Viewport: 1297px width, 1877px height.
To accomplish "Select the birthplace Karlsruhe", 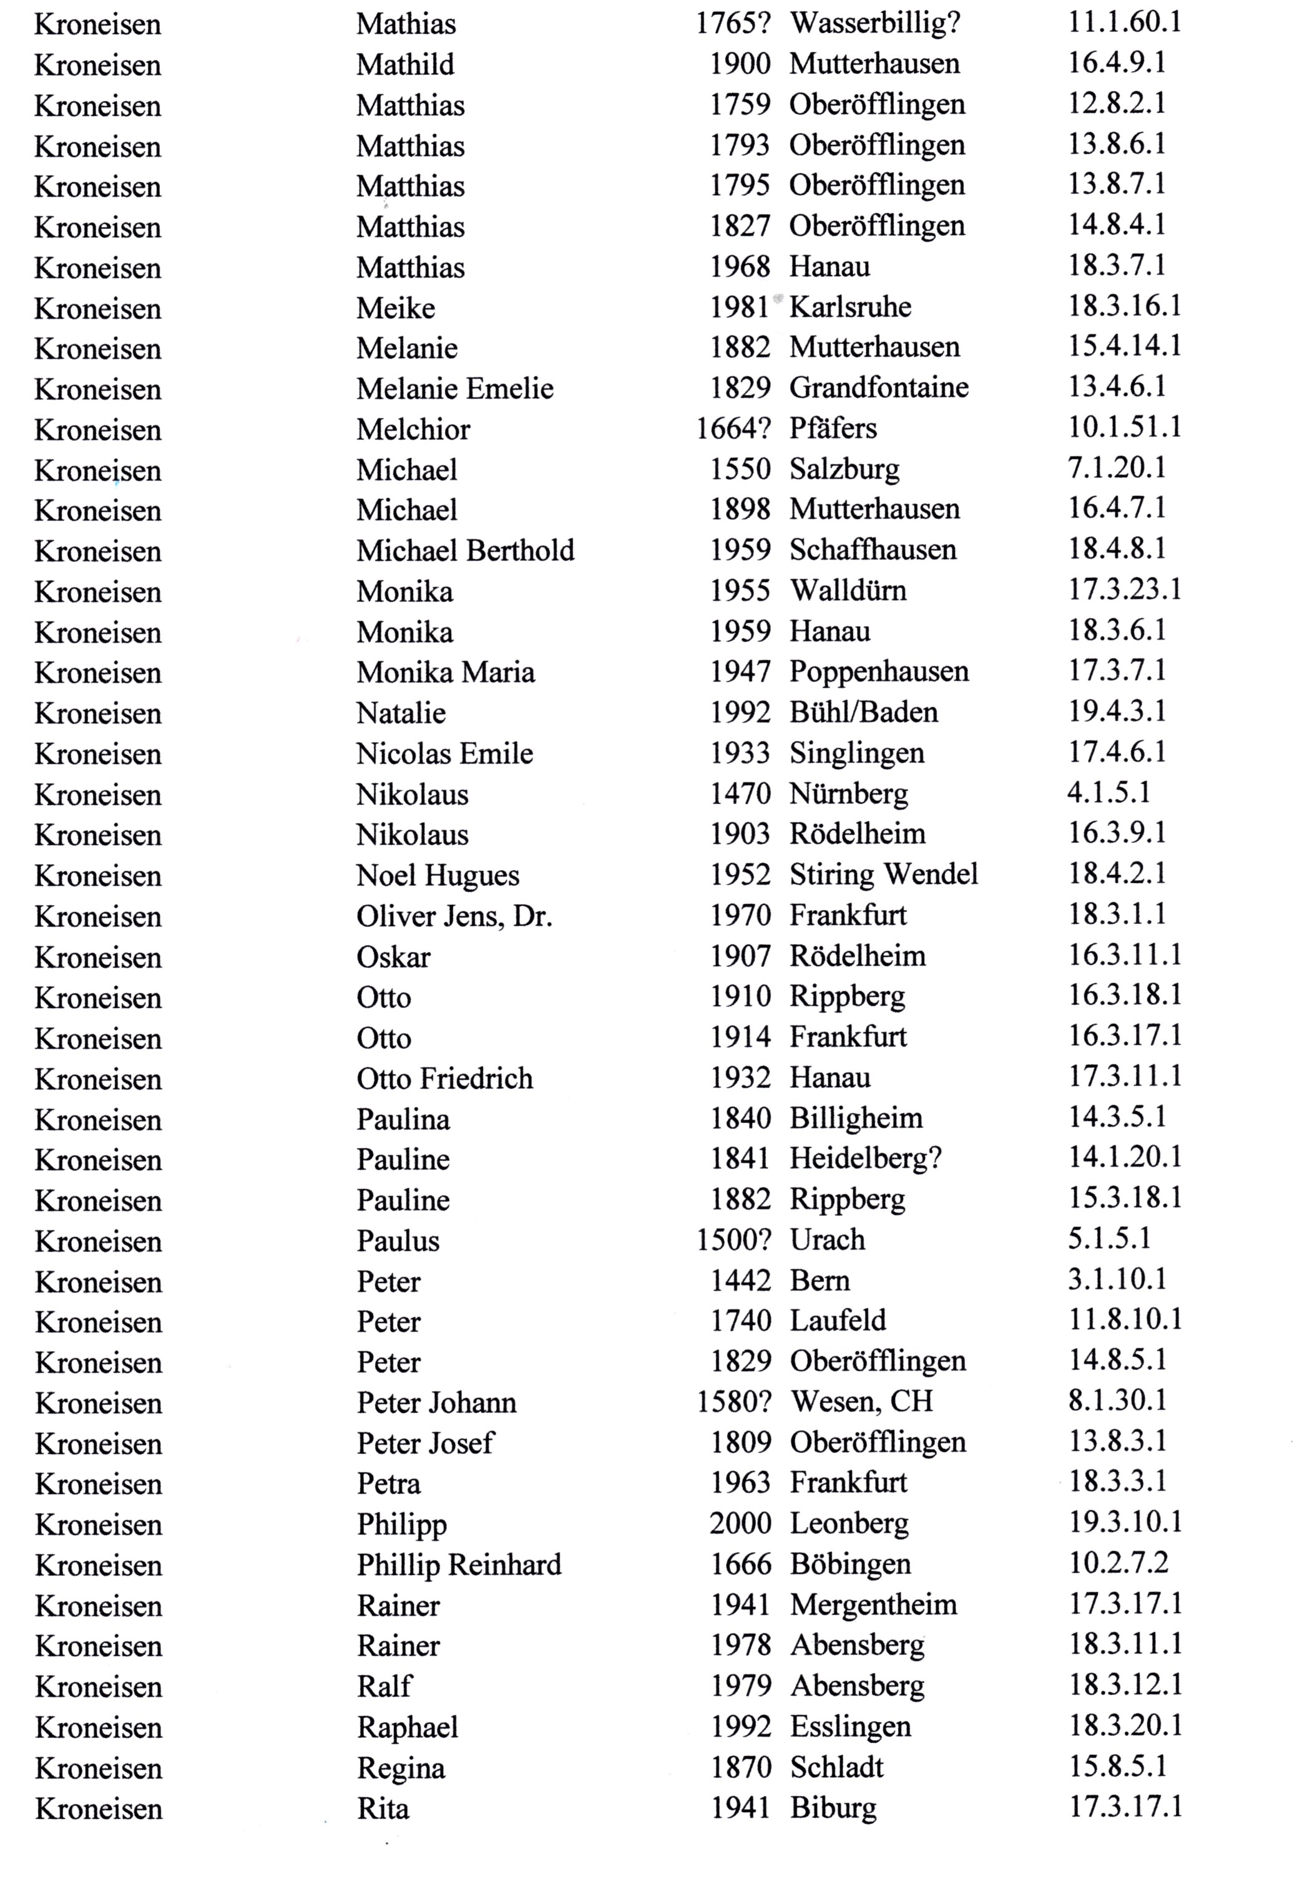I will tap(850, 307).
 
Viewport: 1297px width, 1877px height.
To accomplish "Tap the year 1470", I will tap(740, 793).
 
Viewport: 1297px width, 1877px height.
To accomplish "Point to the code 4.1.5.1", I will tap(1109, 792).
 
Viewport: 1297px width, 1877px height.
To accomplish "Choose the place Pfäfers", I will tap(833, 428).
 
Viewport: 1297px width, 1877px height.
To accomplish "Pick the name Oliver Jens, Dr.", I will tap(454, 916).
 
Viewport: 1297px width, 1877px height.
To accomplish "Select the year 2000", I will tap(740, 1523).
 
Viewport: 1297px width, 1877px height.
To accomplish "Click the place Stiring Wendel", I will tap(883, 874).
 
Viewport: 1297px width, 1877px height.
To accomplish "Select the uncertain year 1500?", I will tap(733, 1239).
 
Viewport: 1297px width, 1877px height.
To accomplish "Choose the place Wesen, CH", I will tap(861, 1401).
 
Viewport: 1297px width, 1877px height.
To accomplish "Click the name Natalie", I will tap(401, 713).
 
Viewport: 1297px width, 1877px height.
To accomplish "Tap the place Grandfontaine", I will tap(878, 387).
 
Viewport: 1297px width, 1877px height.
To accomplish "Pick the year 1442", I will tap(740, 1280).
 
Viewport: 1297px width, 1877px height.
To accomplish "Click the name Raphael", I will tap(407, 1727).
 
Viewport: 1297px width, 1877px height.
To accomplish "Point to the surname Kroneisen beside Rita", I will tap(99, 1809).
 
